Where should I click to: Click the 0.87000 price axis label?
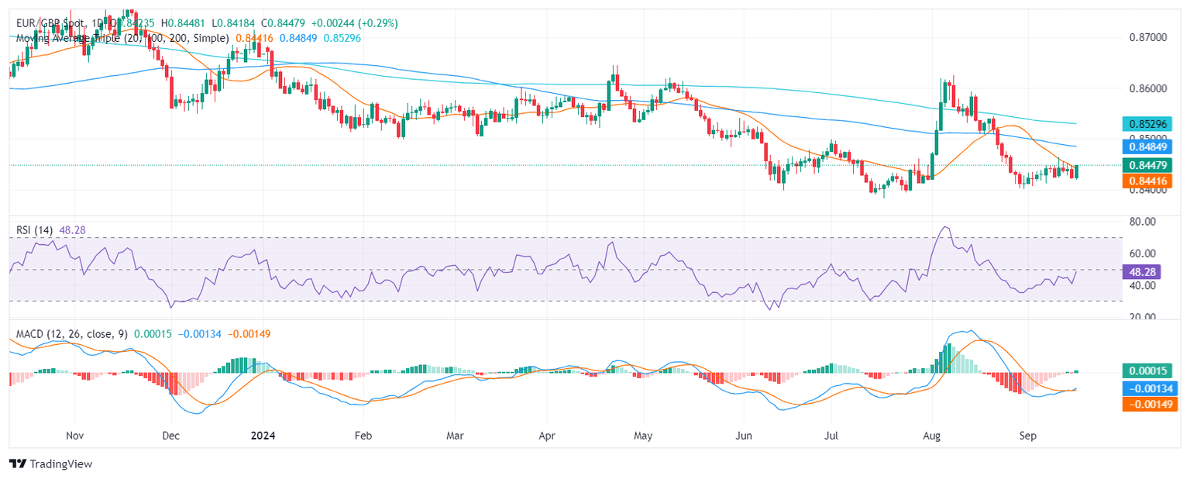(x=1143, y=37)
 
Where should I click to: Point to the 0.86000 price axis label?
(x=1143, y=88)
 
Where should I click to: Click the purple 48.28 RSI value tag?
(x=1141, y=272)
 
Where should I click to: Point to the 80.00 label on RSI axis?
(x=1138, y=222)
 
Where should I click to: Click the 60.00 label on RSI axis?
(x=1138, y=253)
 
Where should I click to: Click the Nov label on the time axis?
(x=74, y=436)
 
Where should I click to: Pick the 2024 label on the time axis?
(x=262, y=436)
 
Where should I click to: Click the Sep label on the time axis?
(x=1027, y=436)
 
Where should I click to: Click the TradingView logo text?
(x=60, y=463)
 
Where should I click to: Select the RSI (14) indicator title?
(x=34, y=229)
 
